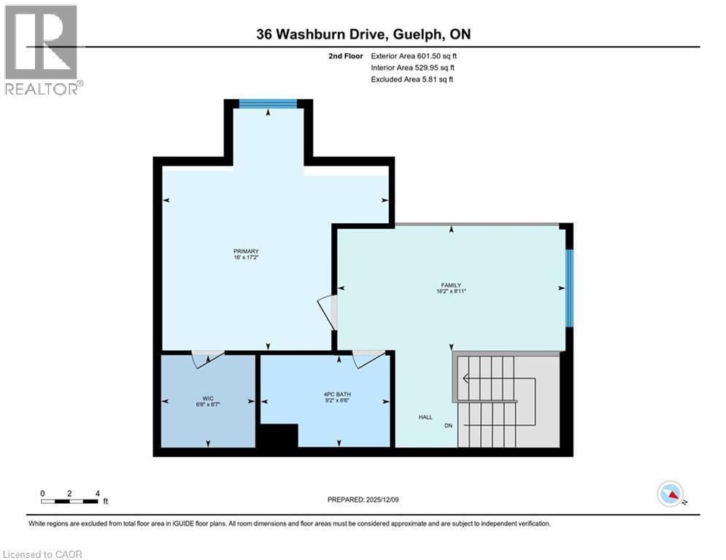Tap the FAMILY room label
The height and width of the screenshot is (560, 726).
(450, 285)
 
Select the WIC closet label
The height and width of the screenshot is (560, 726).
(208, 398)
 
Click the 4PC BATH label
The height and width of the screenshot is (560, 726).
(339, 394)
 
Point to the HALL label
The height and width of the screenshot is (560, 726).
(425, 417)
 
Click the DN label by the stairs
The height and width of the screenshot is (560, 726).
(449, 425)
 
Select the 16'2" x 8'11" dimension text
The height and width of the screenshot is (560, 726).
(450, 292)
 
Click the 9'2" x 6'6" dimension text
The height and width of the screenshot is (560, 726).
(339, 401)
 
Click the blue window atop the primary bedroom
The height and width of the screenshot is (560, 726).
(268, 104)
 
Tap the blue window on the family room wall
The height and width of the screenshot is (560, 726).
(570, 288)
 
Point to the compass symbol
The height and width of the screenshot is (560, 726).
(671, 494)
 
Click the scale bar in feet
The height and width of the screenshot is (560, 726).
(70, 500)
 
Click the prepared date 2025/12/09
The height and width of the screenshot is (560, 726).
(362, 499)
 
